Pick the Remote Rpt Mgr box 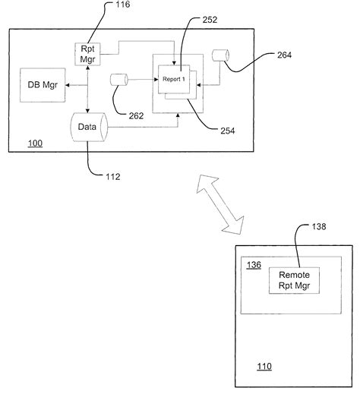click(294, 281)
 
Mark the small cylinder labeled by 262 click(118, 80)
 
